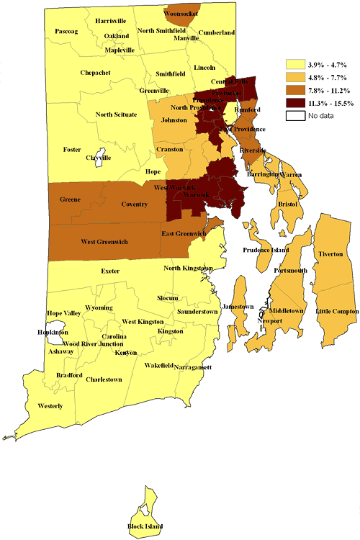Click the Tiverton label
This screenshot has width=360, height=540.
pos(330,255)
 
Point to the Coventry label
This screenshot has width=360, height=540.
pos(134,204)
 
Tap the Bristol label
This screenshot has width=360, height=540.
pos(288,204)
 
